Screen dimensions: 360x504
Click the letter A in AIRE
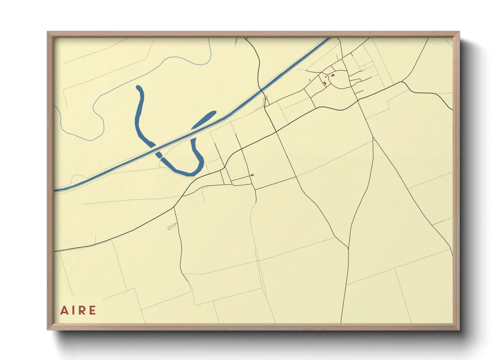[63, 310]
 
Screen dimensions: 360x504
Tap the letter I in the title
[72, 310]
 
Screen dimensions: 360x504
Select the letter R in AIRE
[82, 310]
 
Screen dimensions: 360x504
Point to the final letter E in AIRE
[92, 310]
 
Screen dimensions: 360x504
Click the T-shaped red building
[332, 75]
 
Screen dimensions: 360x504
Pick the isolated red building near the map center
[252, 175]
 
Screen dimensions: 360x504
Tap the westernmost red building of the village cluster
[310, 80]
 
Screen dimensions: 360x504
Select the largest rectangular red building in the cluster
[325, 83]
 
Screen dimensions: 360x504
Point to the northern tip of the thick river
[138, 87]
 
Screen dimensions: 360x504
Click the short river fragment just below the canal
[159, 155]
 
